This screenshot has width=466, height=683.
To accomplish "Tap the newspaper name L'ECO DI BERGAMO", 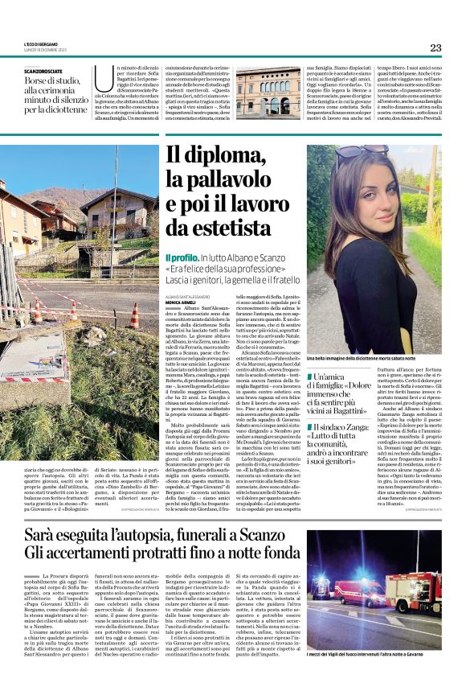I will [40, 43].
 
